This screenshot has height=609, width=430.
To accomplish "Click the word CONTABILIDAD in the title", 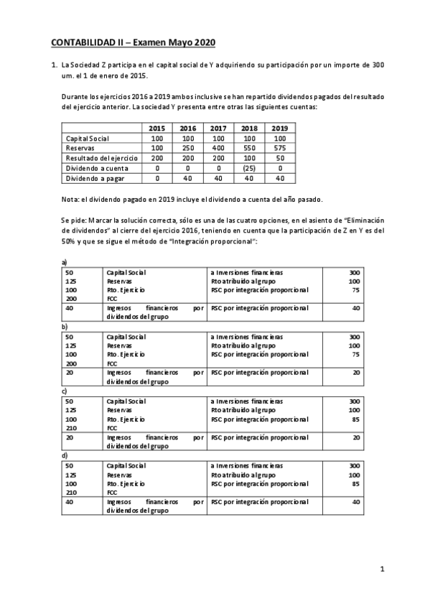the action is [x=90, y=42].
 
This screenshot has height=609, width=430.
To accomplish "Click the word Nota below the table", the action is [x=71, y=198].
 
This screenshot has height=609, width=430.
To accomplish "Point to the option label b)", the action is [x=65, y=326].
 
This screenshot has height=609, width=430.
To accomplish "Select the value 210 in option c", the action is [x=70, y=428].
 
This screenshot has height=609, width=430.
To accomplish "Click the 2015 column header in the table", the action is [x=156, y=129].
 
